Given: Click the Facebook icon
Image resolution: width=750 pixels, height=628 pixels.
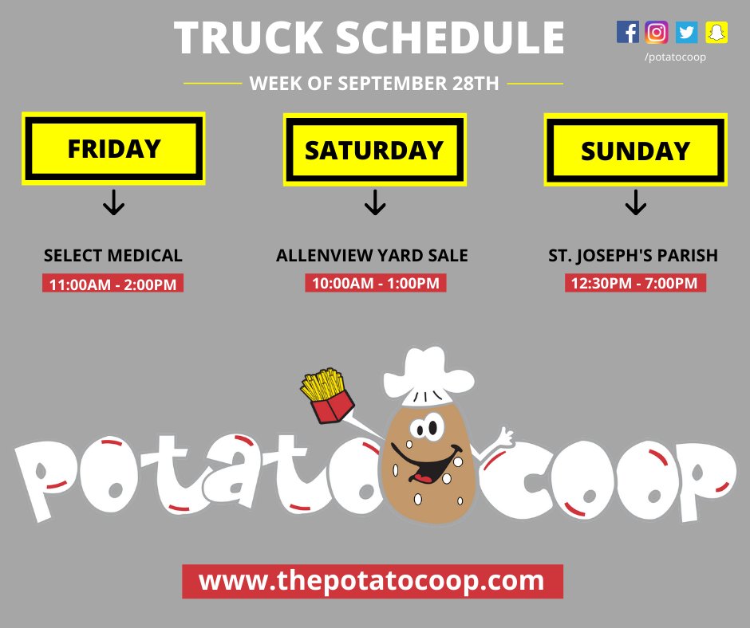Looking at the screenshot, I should [x=628, y=32].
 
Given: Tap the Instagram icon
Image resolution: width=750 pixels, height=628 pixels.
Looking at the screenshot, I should [x=657, y=32].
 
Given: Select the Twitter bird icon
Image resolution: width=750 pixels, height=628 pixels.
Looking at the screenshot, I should [x=686, y=32].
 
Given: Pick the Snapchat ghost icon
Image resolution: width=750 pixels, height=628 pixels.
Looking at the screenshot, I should [x=716, y=32].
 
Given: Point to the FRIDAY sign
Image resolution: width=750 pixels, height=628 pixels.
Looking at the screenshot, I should [x=114, y=149].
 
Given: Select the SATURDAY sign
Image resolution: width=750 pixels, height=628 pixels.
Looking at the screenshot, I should [x=374, y=150].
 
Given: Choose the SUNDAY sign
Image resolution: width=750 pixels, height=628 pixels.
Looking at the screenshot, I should [x=635, y=151].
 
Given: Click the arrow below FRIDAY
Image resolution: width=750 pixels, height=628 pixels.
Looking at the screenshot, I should [x=114, y=204].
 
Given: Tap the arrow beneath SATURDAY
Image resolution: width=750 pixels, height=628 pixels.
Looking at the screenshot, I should [x=374, y=204].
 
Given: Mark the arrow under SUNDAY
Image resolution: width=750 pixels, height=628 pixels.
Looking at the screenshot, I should [x=635, y=204].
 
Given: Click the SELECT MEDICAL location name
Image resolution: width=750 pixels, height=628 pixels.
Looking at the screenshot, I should [x=113, y=256].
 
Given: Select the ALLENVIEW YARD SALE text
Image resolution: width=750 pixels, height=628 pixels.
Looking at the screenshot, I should [x=373, y=256].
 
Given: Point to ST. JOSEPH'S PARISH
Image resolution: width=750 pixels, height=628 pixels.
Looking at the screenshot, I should [x=634, y=256].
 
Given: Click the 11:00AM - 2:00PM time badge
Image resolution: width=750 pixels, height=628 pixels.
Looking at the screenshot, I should [x=113, y=283].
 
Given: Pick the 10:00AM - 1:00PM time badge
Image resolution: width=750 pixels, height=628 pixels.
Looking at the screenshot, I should [x=375, y=283].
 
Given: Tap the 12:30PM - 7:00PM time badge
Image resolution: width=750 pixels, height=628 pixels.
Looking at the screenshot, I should [x=635, y=283].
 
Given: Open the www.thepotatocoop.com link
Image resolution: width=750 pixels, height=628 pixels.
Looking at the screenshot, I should [x=373, y=581].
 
